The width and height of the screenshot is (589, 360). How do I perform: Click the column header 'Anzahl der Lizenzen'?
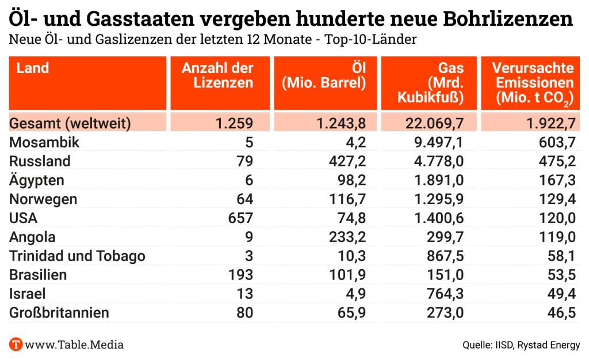point(217,75)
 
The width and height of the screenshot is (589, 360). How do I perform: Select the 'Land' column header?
point(32,68)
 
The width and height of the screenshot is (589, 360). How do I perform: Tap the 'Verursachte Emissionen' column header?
point(533,83)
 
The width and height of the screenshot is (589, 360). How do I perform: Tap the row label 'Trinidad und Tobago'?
point(77,256)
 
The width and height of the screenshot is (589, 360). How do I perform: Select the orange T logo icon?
point(16,345)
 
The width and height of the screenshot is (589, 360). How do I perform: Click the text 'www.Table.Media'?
point(75,345)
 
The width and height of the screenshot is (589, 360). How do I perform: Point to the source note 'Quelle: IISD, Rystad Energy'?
point(521,345)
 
